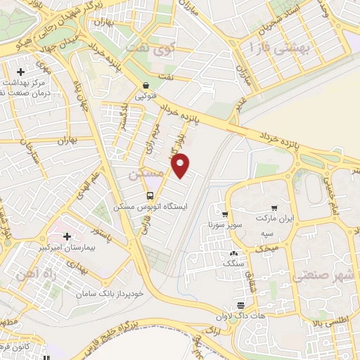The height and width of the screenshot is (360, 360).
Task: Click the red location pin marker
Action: [x=181, y=165]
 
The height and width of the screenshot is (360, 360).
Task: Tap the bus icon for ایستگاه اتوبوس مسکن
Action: [x=150, y=195]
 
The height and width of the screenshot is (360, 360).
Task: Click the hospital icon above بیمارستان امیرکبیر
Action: [x=67, y=237]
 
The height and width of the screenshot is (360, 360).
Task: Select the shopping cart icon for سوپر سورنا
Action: [x=224, y=214]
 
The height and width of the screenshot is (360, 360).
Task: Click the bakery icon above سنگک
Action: [x=233, y=253]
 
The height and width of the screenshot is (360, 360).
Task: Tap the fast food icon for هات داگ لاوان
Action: [x=241, y=305]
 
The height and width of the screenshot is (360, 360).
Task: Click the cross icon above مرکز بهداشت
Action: [x=21, y=72]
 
